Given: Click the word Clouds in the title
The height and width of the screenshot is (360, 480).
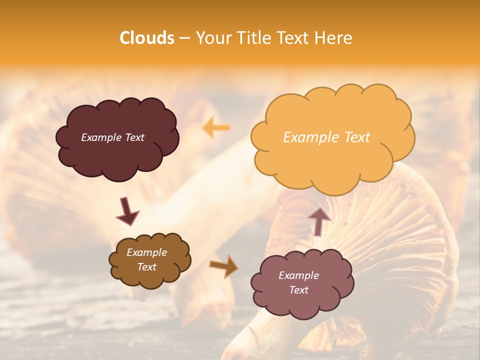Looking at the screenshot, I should point(147,38).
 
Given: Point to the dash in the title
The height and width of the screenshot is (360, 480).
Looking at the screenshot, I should point(184,38).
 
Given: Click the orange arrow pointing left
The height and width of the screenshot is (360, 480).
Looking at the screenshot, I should point(216,127).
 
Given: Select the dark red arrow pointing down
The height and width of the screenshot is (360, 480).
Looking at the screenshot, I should point(127,210).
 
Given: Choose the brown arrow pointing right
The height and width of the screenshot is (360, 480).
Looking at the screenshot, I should point(224,266).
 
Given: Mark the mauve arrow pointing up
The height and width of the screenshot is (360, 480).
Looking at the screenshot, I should point(319,220).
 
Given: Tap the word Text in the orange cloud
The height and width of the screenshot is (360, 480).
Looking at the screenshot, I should point(357,137).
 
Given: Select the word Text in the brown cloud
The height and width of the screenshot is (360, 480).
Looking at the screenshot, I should point(146,267).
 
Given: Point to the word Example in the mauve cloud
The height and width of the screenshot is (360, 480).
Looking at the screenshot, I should point(298,275).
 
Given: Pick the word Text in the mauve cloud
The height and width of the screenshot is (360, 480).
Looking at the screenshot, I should point(298,290).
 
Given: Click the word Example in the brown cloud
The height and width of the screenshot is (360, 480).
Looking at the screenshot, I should point(146,252).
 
